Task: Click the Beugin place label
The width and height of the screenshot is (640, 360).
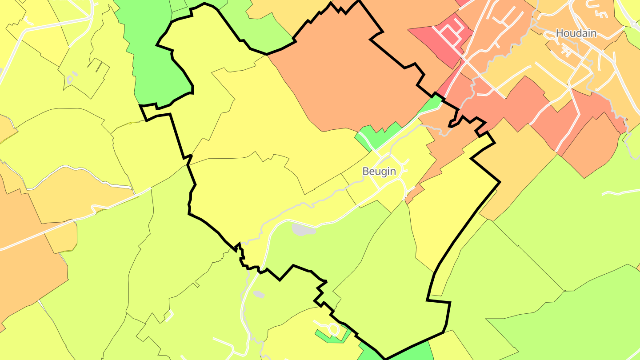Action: pyautogui.click(x=379, y=171)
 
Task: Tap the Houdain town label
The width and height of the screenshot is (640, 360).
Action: pyautogui.click(x=576, y=33)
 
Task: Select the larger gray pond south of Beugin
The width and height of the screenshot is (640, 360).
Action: pyautogui.click(x=303, y=230)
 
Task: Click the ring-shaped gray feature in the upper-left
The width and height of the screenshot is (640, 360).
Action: pyautogui.click(x=70, y=80)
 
